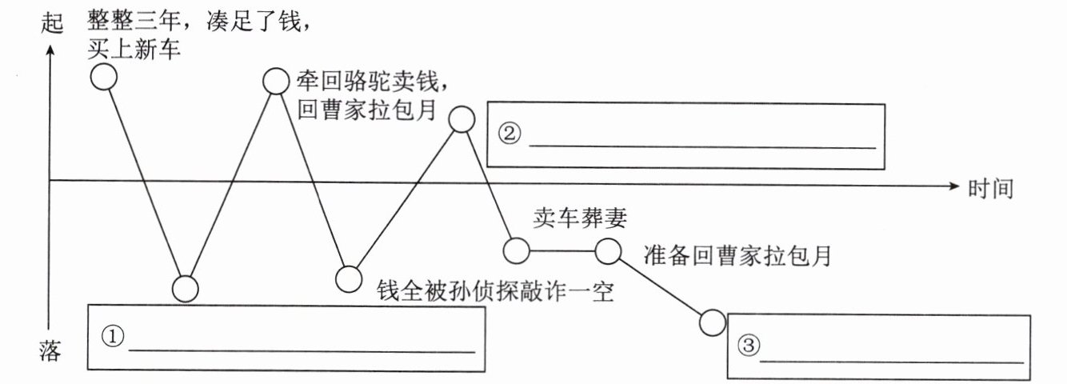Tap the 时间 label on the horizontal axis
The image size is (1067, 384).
click(990, 189)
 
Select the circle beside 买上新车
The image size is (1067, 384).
click(104, 77)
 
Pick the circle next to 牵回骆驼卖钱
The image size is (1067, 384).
click(275, 80)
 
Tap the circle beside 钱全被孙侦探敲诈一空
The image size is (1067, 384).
click(348, 278)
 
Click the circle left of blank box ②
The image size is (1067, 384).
click(462, 118)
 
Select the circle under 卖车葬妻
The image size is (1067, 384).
click(517, 250)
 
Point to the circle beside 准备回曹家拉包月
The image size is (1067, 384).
click(608, 251)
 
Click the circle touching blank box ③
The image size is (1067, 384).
click(712, 322)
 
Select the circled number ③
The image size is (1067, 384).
click(746, 346)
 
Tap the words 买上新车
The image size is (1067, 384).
click(135, 50)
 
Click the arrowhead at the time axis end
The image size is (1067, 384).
click(953, 185)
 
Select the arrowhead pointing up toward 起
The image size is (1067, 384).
click(50, 49)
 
